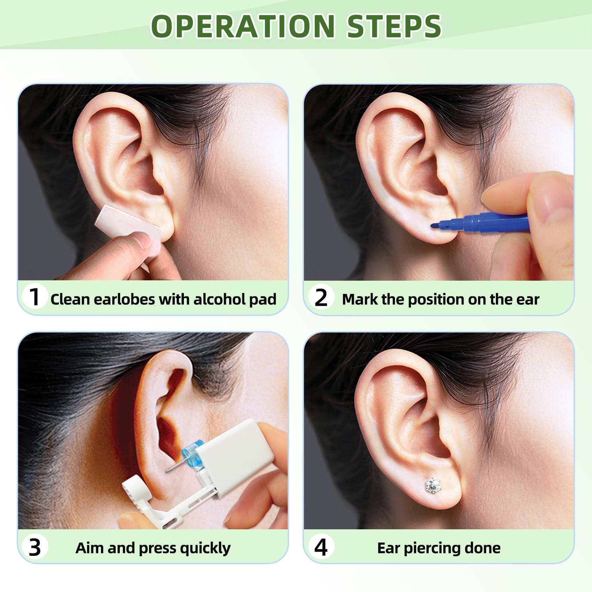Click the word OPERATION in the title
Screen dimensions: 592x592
[x=243, y=26]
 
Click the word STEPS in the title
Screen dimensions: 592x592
[x=394, y=26]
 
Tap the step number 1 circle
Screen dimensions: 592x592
[x=34, y=297]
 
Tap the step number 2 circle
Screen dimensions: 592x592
[x=321, y=298]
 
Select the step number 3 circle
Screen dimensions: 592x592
[x=34, y=547]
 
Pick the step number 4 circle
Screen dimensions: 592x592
[x=321, y=547]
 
